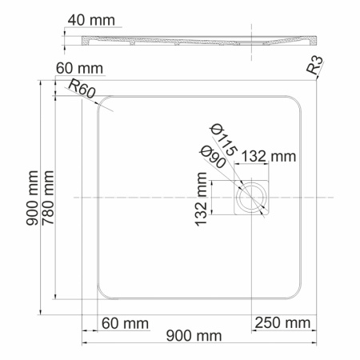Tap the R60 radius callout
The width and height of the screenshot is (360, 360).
[x=82, y=90]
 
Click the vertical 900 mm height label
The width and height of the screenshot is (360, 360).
[x=31, y=205]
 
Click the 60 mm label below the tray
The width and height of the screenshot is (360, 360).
[x=125, y=323]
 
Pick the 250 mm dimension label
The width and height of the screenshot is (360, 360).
[x=282, y=323]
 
